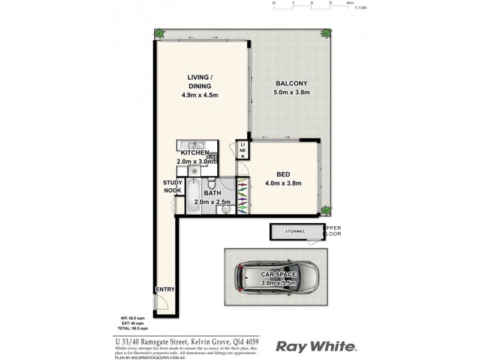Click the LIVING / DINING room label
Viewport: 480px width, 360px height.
coord(201,82)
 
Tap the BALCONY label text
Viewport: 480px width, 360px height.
coord(292,83)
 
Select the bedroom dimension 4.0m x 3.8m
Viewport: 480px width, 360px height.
coord(284,184)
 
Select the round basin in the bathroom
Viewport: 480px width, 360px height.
coord(226,209)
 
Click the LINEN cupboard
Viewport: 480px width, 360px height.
coord(243,151)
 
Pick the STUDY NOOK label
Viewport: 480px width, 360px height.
coord(173,187)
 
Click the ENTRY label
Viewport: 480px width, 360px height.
coord(164,290)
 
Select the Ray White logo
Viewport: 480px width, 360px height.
coord(316,346)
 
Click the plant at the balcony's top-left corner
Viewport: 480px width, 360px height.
coord(160,34)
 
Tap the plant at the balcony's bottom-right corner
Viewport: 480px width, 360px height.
coord(325,210)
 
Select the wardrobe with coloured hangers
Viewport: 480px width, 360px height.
coord(242,195)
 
